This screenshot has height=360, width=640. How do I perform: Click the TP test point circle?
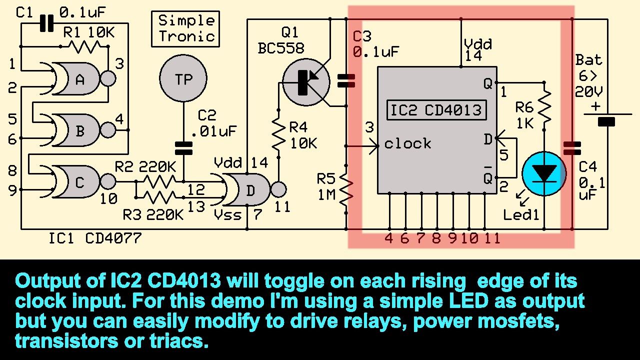click(183, 78)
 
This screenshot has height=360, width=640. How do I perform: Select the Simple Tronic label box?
click(185, 29)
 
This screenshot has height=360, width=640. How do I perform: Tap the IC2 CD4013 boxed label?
click(436, 110)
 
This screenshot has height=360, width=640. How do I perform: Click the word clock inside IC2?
click(407, 144)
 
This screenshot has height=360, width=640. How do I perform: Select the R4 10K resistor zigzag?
click(278, 135)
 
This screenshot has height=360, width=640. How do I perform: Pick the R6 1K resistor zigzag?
click(545, 106)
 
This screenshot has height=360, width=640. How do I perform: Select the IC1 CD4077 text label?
click(94, 238)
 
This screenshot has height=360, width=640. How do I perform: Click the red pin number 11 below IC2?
click(492, 238)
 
